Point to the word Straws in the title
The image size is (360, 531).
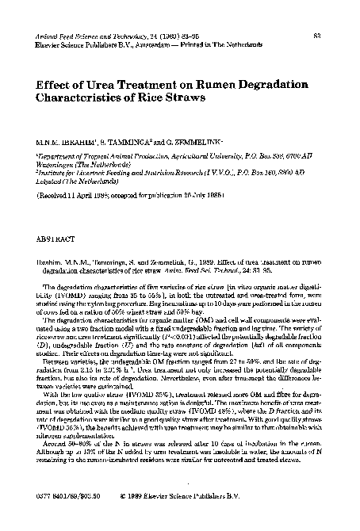coord(183,99)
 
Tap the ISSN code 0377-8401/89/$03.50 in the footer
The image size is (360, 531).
coord(59,512)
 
